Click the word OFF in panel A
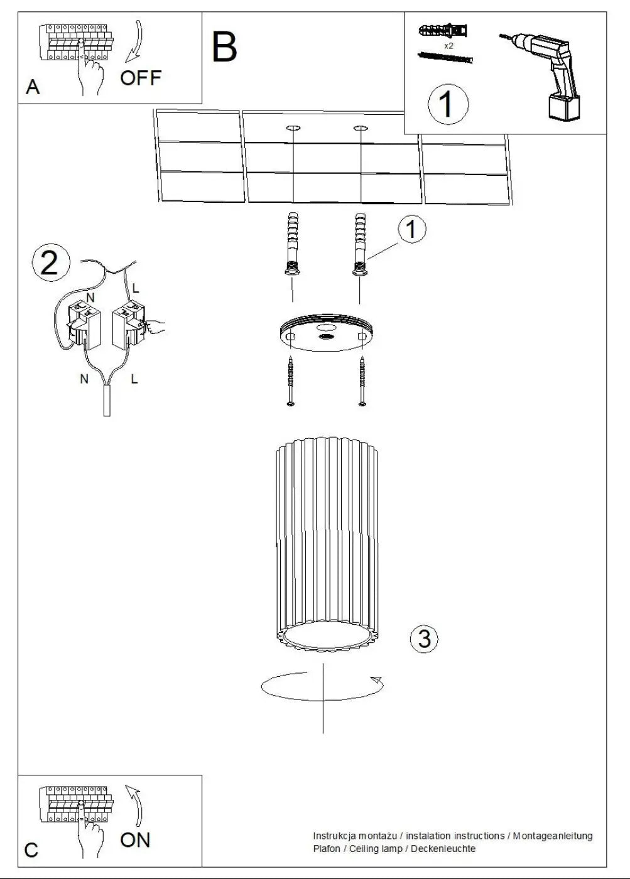click(141, 78)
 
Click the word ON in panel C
click(135, 840)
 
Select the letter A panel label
click(33, 87)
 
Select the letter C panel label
click(31, 851)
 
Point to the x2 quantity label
click(448, 46)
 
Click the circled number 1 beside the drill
click(448, 104)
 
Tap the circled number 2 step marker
click(51, 262)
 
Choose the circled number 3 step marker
click(424, 639)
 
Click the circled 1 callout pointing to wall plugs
click(412, 229)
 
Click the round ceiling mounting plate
click(326, 332)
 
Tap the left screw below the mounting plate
click(290, 381)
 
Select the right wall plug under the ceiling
click(360, 244)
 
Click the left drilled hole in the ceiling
click(293, 128)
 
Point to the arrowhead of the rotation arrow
click(377, 679)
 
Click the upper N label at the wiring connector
click(90, 298)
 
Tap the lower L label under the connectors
click(134, 379)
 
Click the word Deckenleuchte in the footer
click(443, 848)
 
